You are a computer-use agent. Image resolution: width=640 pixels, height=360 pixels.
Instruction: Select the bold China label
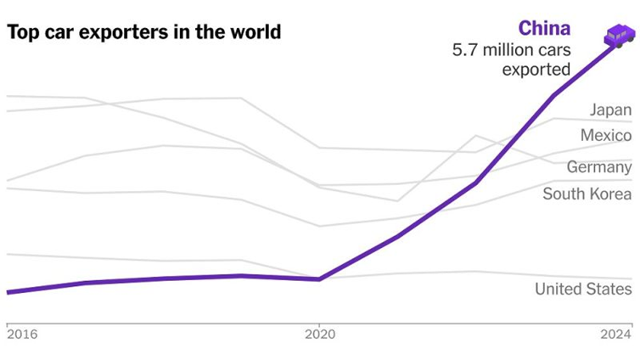[x=544, y=28]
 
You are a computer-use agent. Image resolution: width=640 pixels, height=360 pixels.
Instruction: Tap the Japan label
[x=611, y=110]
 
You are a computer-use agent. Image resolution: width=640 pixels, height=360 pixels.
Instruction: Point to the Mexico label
[x=606, y=135]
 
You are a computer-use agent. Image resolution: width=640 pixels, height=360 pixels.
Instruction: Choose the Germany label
[x=599, y=167]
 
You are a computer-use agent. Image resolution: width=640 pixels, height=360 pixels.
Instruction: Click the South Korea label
[x=587, y=194]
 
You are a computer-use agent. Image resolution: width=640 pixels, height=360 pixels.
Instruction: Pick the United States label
[x=583, y=290]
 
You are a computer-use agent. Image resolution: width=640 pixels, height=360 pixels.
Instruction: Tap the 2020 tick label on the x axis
[x=319, y=334]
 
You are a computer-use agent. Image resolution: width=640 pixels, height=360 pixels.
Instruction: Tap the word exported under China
[x=536, y=70]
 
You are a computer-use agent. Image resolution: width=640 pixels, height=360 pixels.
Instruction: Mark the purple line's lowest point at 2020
[x=319, y=278]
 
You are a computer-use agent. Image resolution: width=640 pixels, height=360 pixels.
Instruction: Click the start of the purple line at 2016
[x=8, y=292]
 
